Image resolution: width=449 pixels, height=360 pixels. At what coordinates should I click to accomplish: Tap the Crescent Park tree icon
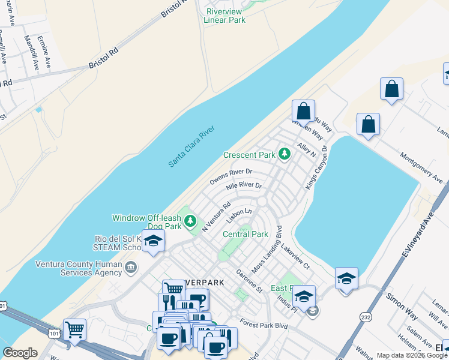pos(285,155)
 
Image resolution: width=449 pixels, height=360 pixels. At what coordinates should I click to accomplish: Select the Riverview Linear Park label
pos(225,16)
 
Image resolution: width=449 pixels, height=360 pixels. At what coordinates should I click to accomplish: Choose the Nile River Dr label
pos(244,187)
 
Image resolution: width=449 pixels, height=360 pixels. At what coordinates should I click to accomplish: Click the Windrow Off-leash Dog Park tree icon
pos(191,221)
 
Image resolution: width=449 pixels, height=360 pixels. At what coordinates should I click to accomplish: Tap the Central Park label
pos(245,234)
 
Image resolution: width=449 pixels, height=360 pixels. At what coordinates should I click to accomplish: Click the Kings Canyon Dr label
pos(318,167)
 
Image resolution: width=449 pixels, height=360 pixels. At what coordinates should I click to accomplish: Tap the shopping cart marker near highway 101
pos(74,329)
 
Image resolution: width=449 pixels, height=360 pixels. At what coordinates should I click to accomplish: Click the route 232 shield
pos(366,316)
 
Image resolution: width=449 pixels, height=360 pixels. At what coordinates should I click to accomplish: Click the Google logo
pos(20,353)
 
